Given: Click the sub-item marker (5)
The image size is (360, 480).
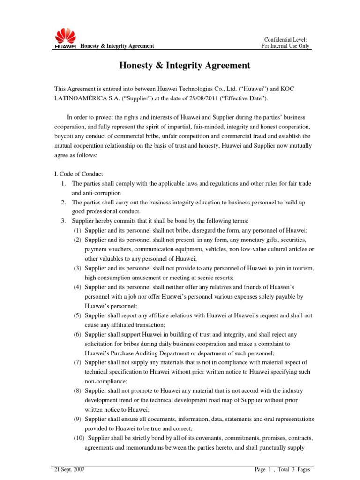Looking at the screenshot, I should coord(78,315).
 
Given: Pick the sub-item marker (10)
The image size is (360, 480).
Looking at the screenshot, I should coord(80,438).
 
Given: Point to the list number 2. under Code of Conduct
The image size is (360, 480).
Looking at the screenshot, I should coord(63,202).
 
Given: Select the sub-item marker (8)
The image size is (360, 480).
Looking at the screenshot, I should coord(78,390).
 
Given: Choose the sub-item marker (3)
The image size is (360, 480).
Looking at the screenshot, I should coord(78,267).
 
